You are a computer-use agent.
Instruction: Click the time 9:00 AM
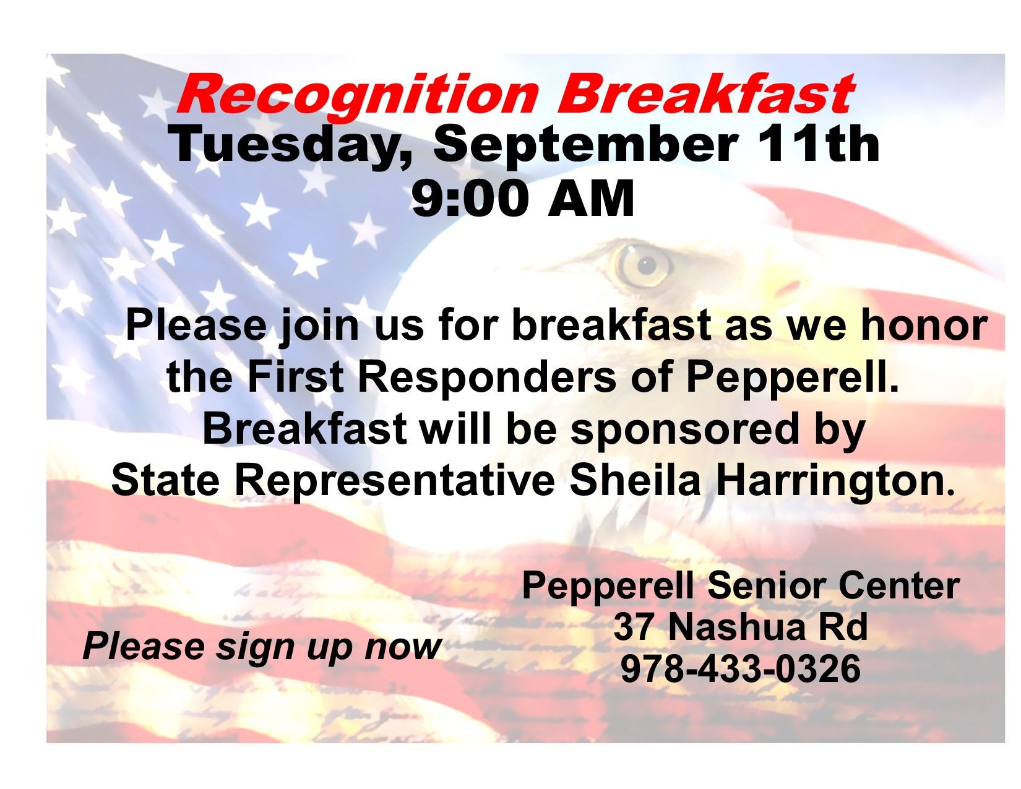click(x=523, y=198)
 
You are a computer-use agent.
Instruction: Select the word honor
click(x=924, y=325)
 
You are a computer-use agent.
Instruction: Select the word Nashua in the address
click(x=733, y=627)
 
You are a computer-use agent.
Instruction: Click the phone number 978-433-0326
click(x=741, y=669)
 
